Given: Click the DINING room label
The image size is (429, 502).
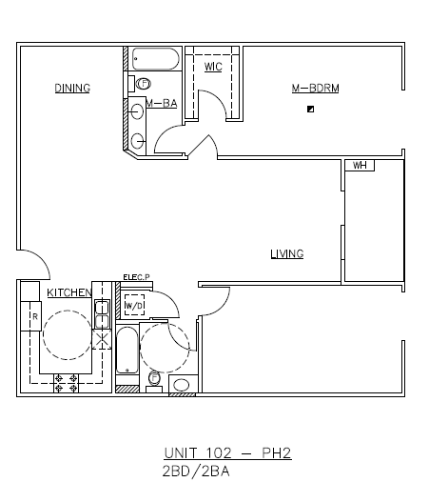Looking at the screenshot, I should click(71, 89).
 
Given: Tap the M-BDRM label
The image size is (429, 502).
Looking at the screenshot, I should click(315, 89).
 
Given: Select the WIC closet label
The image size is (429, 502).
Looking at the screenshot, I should click(214, 66).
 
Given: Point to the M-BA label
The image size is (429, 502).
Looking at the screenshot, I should click(162, 103).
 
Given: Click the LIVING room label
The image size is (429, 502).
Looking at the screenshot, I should click(286, 253).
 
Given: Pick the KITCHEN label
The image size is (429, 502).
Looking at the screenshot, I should click(69, 292).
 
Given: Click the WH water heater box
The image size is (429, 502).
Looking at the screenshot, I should click(360, 166).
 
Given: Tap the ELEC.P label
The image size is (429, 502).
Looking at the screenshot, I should click(136, 277).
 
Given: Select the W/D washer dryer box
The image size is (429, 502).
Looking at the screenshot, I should click(133, 306).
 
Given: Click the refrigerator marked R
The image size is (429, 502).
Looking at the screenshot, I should click(34, 316).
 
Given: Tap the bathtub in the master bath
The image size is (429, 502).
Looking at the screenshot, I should click(154, 61).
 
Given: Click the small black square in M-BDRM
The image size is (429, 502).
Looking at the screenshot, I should click(310, 110).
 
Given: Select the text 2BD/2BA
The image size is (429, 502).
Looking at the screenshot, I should click(197, 471).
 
